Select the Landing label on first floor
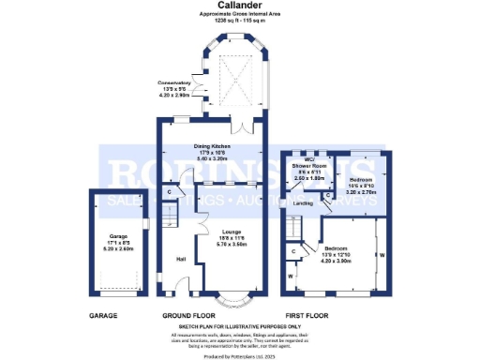302,202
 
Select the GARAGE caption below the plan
103,317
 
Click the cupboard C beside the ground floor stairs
169,192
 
